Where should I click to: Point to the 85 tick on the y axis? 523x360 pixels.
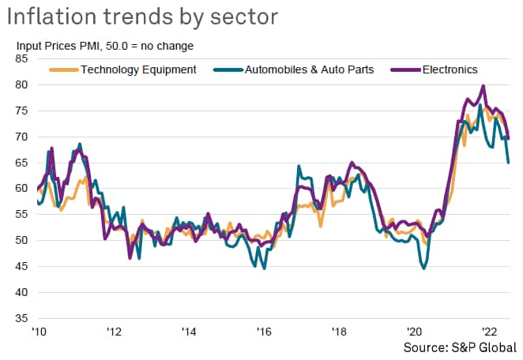(x=22, y=58)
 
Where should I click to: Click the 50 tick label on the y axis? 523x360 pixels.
(x=22, y=240)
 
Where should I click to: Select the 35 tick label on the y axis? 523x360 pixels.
(x=22, y=318)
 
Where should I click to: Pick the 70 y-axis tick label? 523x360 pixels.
(x=22, y=137)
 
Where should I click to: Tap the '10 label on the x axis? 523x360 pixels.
(x=37, y=332)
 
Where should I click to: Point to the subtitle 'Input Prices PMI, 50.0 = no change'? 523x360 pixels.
(x=104, y=46)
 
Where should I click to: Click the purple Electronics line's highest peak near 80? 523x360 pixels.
(x=483, y=86)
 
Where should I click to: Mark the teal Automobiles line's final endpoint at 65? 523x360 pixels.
(x=509, y=163)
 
